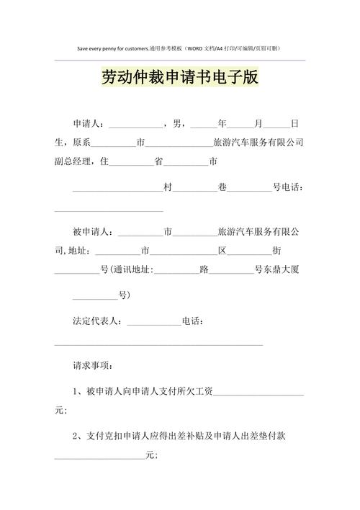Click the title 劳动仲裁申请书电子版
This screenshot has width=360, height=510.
(179, 78)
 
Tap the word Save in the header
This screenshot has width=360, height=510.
(84, 48)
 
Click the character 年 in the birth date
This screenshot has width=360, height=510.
(222, 124)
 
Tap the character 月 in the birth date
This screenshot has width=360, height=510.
(258, 124)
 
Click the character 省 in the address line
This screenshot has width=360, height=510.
(159, 162)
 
